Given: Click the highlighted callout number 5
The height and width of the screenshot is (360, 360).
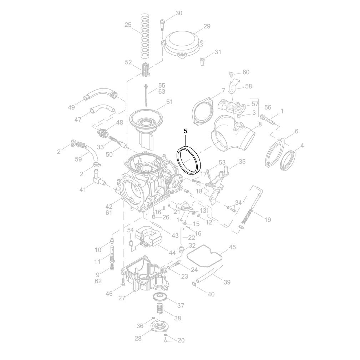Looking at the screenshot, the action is [x=186, y=131].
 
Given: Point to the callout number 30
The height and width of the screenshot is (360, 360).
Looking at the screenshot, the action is [x=179, y=13].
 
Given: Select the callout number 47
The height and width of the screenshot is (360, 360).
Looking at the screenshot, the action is [x=78, y=120].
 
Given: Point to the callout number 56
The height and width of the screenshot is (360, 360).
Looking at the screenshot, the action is [x=268, y=107].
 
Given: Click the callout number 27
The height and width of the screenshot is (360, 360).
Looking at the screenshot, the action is [x=122, y=298].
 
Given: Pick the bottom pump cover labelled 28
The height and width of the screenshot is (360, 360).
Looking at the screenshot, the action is [x=159, y=328].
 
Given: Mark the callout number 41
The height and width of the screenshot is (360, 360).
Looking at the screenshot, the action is [x=83, y=189].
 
